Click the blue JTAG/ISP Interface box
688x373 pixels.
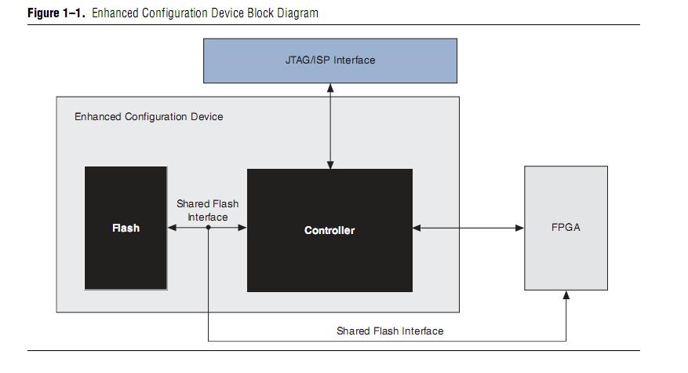[x=329, y=60]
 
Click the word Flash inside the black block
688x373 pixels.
[x=126, y=229]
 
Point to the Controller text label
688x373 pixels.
[x=329, y=230]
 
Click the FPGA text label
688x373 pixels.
[x=566, y=228]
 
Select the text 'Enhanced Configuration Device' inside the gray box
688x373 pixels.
[x=148, y=117]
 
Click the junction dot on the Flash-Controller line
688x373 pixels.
[x=208, y=228]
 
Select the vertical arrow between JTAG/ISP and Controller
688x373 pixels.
[x=329, y=126]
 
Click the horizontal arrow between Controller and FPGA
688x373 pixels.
[x=468, y=228]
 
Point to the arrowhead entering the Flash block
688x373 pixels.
[x=172, y=228]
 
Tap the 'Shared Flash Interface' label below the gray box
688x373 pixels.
[x=390, y=331]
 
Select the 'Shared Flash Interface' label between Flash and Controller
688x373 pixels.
[x=208, y=210]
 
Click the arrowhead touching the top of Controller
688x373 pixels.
[x=329, y=164]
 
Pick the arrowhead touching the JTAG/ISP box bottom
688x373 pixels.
[x=329, y=87]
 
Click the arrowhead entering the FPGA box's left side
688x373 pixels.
[x=519, y=228]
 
